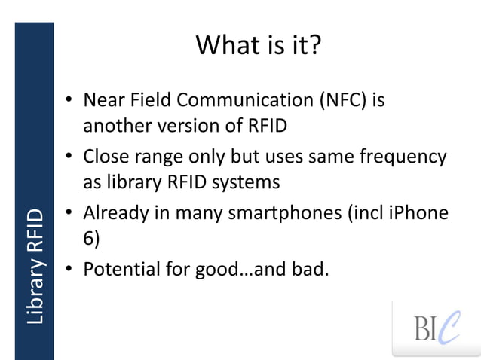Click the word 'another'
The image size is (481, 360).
click(112, 125)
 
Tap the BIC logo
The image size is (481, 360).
click(437, 328)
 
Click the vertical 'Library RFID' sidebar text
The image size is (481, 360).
click(35, 267)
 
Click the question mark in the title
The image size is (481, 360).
click(314, 45)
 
